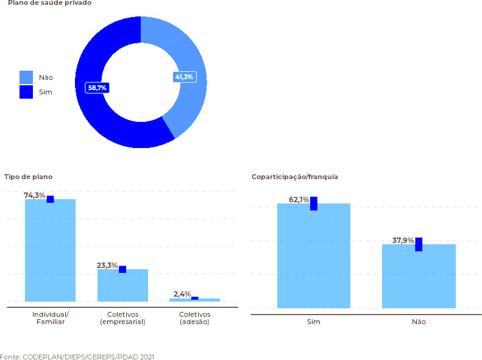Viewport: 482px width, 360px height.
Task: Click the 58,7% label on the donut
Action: pyautogui.click(x=97, y=88)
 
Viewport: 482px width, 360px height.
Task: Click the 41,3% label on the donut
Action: pyautogui.click(x=184, y=77)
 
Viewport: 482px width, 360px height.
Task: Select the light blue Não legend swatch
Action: pyautogui.click(x=26, y=77)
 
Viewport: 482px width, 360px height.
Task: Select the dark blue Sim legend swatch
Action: pyautogui.click(x=26, y=92)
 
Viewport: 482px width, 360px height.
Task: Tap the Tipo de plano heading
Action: pyautogui.click(x=28, y=177)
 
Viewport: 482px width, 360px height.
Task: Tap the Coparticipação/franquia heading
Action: pyautogui.click(x=294, y=177)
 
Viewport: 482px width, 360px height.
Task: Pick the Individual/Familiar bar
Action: pyautogui.click(x=50, y=250)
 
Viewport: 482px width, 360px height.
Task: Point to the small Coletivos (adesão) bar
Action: pyautogui.click(x=194, y=300)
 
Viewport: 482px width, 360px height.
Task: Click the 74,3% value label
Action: pyautogui.click(x=34, y=196)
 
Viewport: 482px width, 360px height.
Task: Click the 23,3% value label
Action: pyautogui.click(x=107, y=266)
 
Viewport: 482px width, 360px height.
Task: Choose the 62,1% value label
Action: pyautogui.click(x=299, y=200)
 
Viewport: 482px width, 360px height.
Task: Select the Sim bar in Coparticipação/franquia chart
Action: pyautogui.click(x=313, y=256)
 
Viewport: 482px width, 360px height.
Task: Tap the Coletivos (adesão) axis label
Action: pyautogui.click(x=195, y=318)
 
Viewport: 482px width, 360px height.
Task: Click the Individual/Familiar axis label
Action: pyautogui.click(x=51, y=318)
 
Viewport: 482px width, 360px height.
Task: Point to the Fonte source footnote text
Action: pyautogui.click(x=77, y=356)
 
